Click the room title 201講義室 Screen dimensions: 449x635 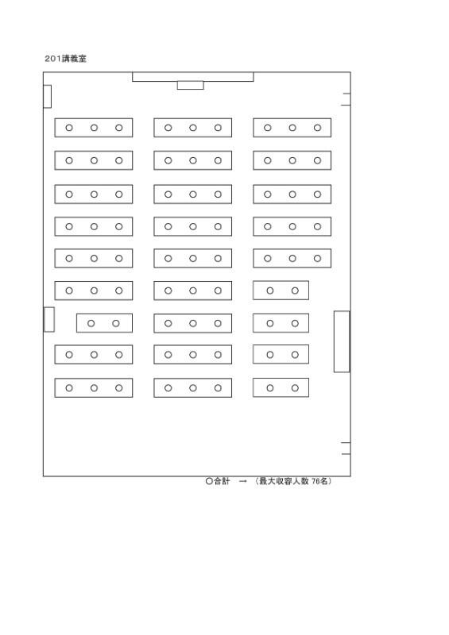click(x=65, y=59)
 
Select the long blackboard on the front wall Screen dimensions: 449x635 click(x=193, y=77)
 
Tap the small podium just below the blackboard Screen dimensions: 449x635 click(x=190, y=85)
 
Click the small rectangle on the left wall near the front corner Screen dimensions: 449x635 click(x=47, y=96)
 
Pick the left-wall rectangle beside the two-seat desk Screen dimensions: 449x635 click(x=49, y=320)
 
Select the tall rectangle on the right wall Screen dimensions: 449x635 click(x=342, y=341)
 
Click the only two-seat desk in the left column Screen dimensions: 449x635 click(x=104, y=323)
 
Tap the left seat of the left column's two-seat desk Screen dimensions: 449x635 click(x=91, y=323)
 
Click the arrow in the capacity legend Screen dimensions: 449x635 click(x=243, y=481)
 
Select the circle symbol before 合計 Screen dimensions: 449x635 click(x=209, y=481)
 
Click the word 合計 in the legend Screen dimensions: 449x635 click(x=222, y=481)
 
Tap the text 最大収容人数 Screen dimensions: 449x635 click(x=284, y=481)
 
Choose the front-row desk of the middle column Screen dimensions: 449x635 click(x=192, y=128)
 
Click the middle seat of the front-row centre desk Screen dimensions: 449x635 click(x=192, y=128)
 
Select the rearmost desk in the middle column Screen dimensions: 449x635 click(x=192, y=388)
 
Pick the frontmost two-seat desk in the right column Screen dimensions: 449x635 click(x=281, y=291)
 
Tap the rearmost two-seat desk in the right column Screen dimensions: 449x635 click(x=281, y=388)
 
